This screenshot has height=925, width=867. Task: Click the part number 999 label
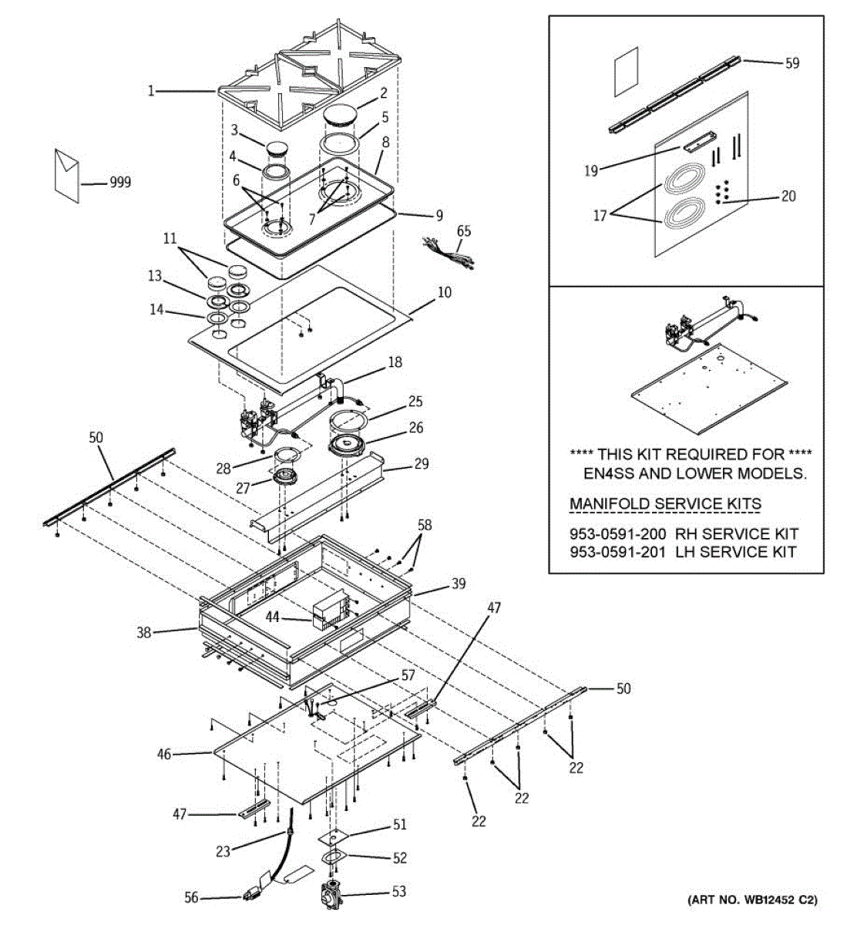tap(119, 183)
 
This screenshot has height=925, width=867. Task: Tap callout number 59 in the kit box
tap(792, 63)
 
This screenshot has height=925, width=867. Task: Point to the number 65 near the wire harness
tap(463, 230)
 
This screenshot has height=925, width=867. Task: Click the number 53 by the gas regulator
tap(398, 892)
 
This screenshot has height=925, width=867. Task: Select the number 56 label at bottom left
tap(192, 897)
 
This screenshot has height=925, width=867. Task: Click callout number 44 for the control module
tap(274, 617)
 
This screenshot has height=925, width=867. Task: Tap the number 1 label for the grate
tap(152, 91)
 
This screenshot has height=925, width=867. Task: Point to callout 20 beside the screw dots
tap(788, 196)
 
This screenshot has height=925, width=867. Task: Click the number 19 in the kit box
tap(591, 170)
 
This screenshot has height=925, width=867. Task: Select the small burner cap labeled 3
tap(275, 148)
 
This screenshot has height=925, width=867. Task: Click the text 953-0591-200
tap(617, 533)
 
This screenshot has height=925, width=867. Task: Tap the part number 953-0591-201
tap(617, 552)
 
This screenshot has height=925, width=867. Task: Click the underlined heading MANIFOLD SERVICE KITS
tap(665, 504)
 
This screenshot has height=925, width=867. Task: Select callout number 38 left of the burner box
tap(144, 633)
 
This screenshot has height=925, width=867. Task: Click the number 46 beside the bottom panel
tap(164, 754)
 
